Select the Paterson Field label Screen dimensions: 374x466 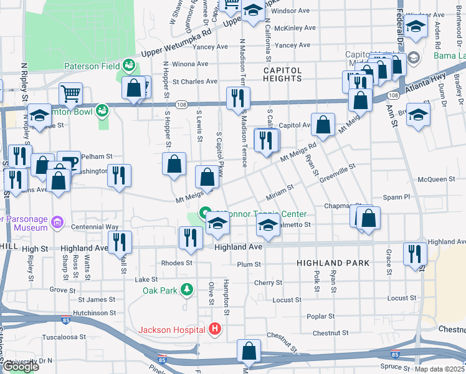click(92, 65)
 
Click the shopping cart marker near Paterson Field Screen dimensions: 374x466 click(71, 95)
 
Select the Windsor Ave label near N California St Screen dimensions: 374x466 click(291, 11)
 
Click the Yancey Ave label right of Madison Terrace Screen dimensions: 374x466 click(292, 46)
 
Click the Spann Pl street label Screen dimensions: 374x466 click(397, 196)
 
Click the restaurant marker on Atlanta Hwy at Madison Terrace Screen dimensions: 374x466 click(237, 98)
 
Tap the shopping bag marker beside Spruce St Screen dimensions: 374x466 click(249, 352)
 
